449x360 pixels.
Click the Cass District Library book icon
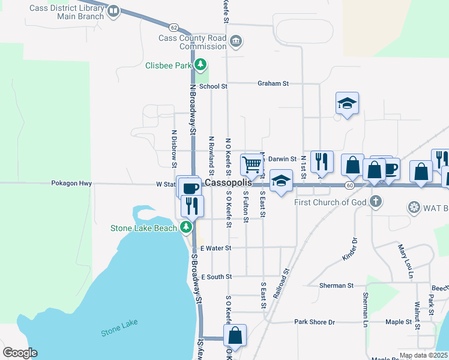113,11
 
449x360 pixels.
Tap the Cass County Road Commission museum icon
236,41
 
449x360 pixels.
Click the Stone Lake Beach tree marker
187,227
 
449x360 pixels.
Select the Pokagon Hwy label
71,184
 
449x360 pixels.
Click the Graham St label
273,83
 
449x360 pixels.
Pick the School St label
213,86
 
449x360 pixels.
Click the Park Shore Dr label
315,322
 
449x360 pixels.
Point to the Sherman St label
336,286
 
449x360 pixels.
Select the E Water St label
216,248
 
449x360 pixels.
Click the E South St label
217,277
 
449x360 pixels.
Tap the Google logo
20,353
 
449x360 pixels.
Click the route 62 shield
173,27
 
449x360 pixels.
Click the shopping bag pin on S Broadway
235,335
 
